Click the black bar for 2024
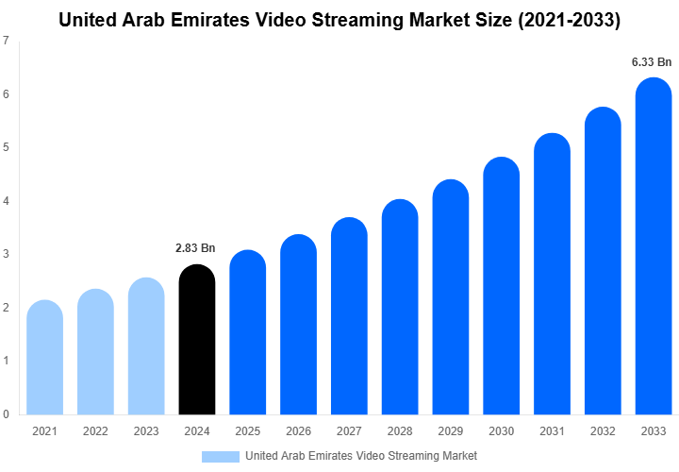(x=196, y=340)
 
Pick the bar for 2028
(x=400, y=307)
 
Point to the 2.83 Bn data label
(x=196, y=248)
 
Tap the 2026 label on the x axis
(x=298, y=431)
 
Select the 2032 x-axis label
(x=603, y=431)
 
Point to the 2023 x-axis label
(x=145, y=431)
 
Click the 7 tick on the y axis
(x=7, y=41)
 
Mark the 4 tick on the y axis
(x=7, y=201)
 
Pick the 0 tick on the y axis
(x=7, y=414)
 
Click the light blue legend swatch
(x=221, y=456)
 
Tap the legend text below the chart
(x=360, y=456)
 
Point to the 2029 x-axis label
(x=451, y=431)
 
